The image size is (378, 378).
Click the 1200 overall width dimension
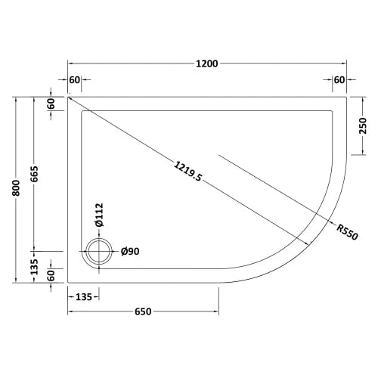tap(207, 64)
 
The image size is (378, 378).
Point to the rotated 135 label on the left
tap(34, 265)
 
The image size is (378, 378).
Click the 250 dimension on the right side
tap(364, 125)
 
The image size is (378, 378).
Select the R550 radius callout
tap(348, 230)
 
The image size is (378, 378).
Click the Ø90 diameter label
tap(130, 252)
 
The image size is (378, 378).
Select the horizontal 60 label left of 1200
tap(74, 79)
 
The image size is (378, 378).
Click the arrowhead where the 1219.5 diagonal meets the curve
tap(311, 242)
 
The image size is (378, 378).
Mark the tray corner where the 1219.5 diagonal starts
tap(68, 97)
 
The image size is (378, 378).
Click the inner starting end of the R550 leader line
tap(219, 155)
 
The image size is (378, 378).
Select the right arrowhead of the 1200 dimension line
tap(344, 64)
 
